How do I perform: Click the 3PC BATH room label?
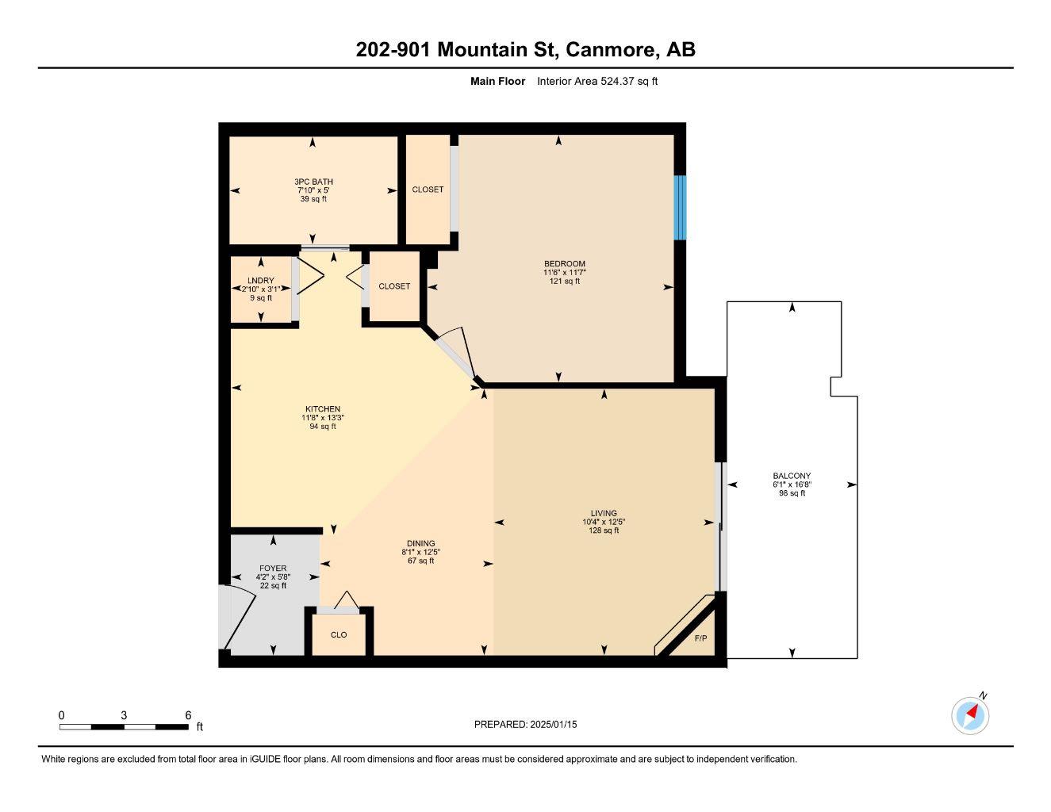point(313,182)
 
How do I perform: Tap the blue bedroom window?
point(679,207)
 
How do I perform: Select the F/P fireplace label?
point(700,638)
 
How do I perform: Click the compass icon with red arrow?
point(970,716)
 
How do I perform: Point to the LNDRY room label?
point(260,281)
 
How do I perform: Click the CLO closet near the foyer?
point(339,634)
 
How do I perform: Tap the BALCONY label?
point(791,476)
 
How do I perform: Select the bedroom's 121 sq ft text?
point(565,281)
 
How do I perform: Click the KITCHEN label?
point(323,409)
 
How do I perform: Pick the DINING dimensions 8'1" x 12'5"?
point(420,552)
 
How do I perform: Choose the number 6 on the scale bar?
point(188,715)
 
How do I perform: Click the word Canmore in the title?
point(611,49)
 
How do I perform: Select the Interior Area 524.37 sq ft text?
point(597,81)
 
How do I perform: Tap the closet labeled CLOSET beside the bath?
point(428,190)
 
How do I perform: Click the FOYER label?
point(273,569)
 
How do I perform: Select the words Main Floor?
point(497,81)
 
